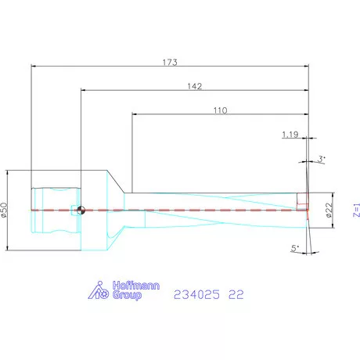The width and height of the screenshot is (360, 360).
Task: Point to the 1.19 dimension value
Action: [x=290, y=135]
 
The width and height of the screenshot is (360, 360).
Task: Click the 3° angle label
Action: [x=321, y=159]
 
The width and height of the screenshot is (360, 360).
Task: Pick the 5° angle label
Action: [x=294, y=248]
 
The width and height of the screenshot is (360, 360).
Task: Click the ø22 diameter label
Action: [x=329, y=209]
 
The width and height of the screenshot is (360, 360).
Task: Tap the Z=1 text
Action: [x=355, y=210]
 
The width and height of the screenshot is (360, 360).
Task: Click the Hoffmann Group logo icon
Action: [x=97, y=292]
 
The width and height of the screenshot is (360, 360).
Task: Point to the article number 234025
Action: [x=196, y=294]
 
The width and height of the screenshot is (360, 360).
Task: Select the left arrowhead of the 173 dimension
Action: [x=33, y=67]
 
